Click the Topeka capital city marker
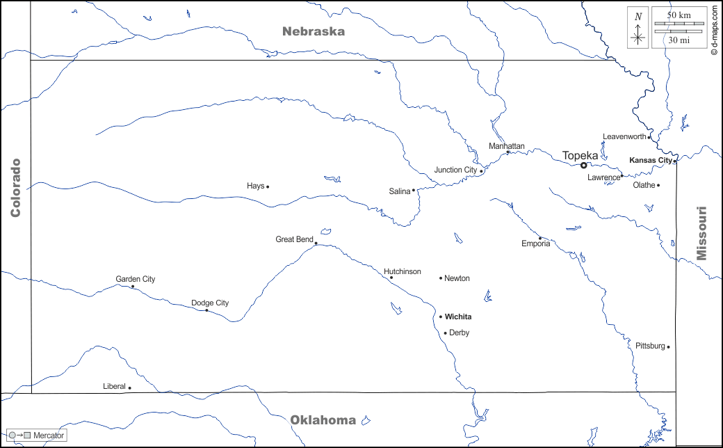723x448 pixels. click(584, 165)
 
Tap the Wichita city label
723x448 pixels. click(458, 317)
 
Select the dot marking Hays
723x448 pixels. click(268, 186)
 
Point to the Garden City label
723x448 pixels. click(136, 279)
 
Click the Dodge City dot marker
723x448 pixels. click(206, 310)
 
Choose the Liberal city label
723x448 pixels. click(114, 386)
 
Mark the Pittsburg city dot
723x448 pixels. click(668, 346)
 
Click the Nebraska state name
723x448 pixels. click(313, 31)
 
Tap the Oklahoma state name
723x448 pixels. click(323, 419)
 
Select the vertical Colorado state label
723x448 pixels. click(15, 188)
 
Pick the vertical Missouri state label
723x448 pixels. click(702, 233)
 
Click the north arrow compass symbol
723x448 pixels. click(638, 29)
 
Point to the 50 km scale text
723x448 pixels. click(679, 15)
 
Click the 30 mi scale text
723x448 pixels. click(679, 40)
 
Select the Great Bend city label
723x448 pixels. click(294, 239)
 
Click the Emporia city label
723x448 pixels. click(535, 243)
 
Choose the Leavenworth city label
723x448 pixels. click(624, 136)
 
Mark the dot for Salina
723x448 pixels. click(413, 190)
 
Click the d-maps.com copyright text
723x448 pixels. click(714, 31)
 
